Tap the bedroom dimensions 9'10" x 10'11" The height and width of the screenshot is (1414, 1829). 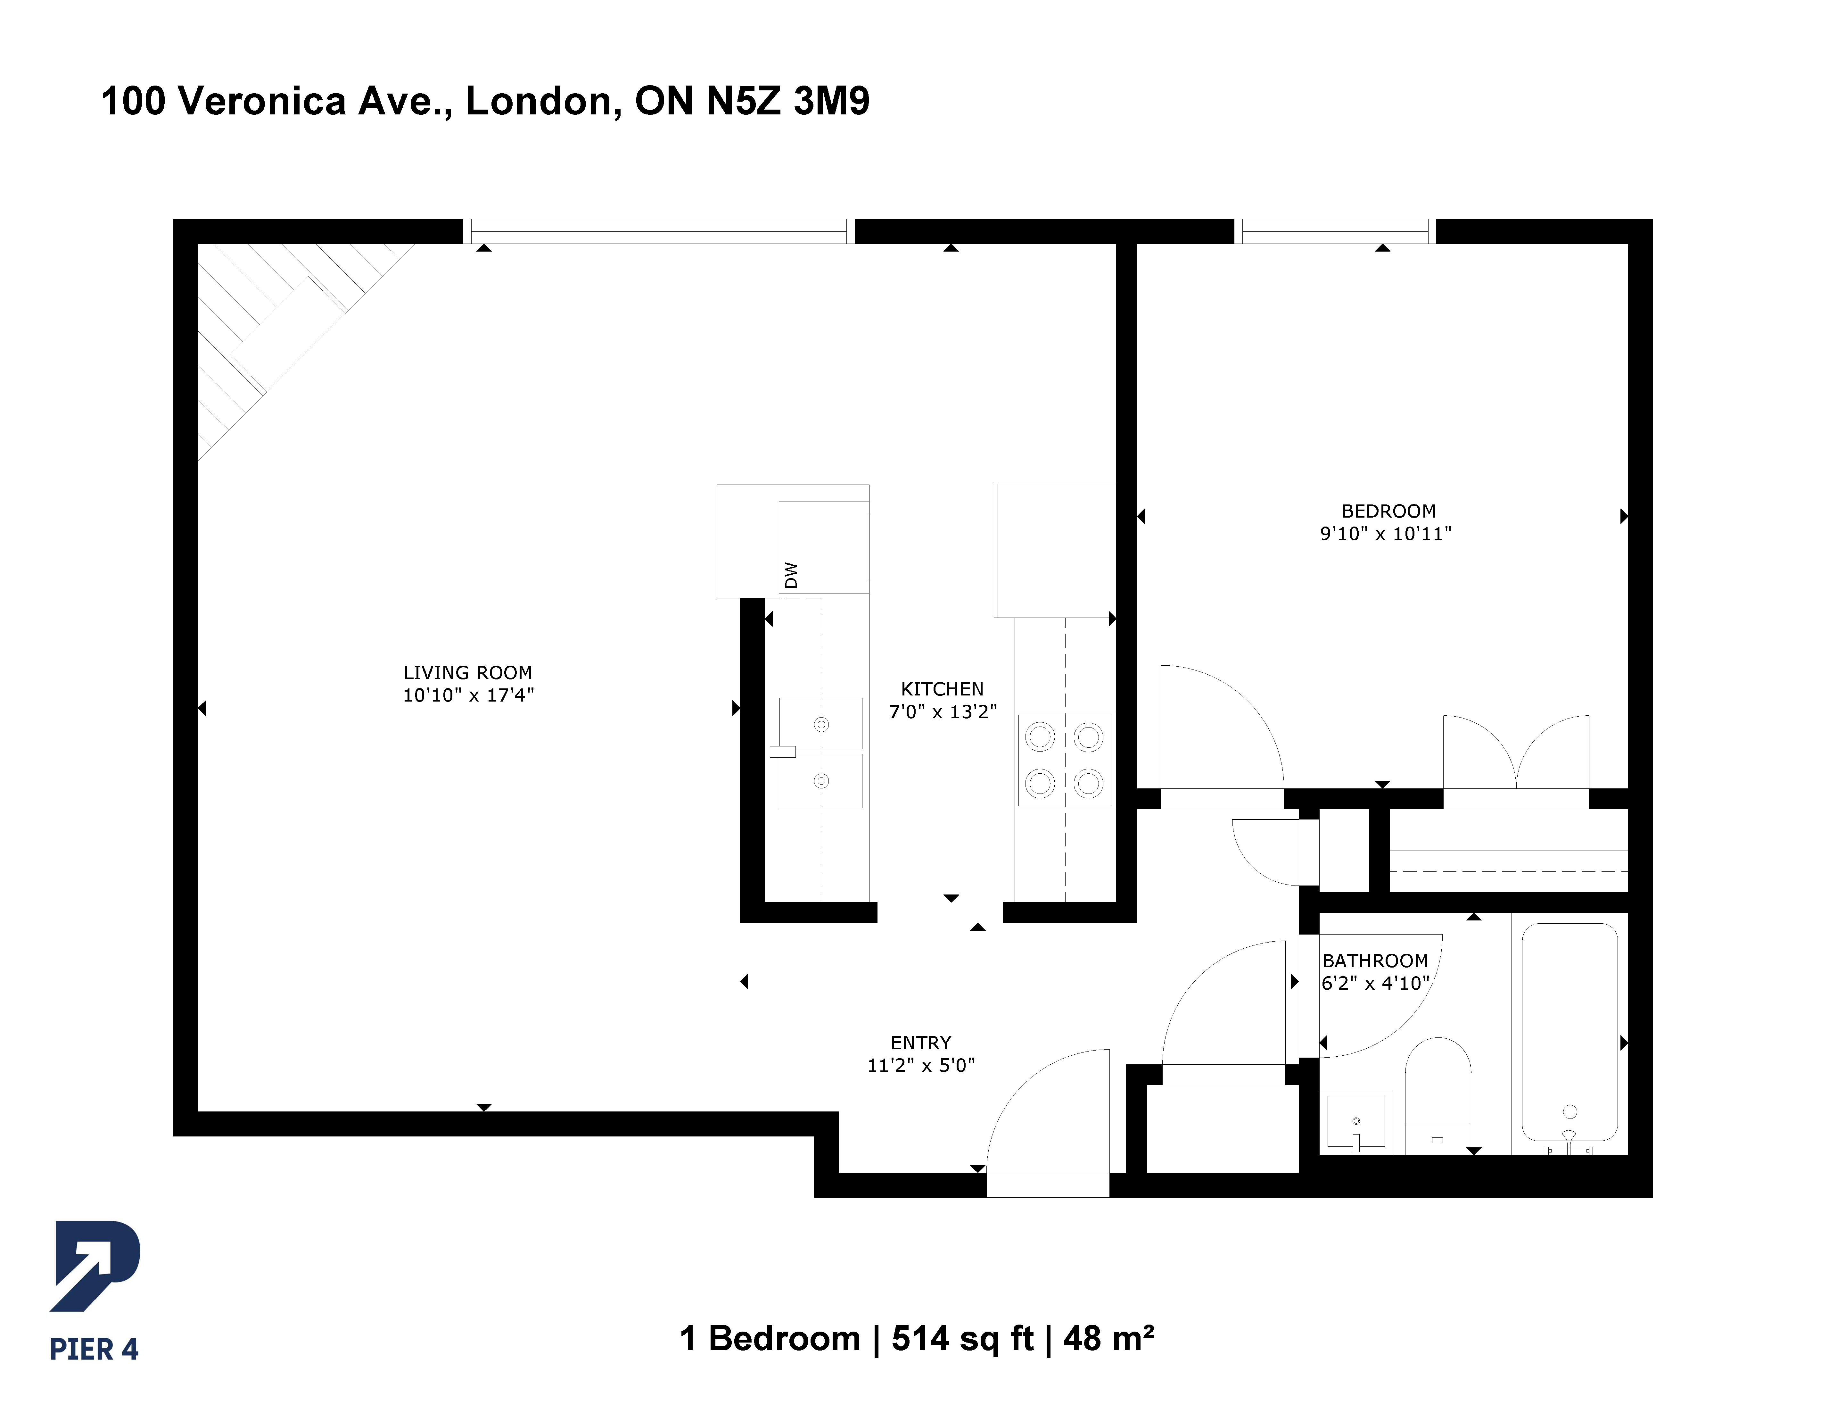click(1386, 534)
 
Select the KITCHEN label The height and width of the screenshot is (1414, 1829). click(942, 689)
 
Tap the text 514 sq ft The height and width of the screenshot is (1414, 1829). click(962, 1339)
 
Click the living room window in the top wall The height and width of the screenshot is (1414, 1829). click(658, 231)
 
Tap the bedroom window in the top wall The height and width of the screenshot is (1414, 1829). click(1335, 231)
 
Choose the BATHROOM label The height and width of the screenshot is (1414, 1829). click(1375, 961)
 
